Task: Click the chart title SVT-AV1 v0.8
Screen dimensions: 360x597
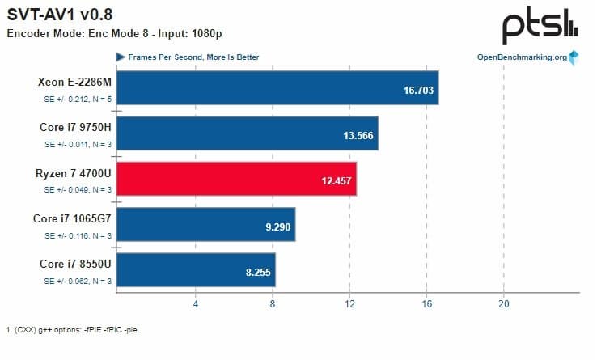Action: click(60, 14)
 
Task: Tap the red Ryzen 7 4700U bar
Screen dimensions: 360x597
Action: click(237, 179)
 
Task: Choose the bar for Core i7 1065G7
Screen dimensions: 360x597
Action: click(206, 224)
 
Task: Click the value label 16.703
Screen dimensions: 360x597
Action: click(417, 88)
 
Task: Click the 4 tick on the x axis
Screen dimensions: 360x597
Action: click(196, 304)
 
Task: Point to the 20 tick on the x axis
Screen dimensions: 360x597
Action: click(503, 304)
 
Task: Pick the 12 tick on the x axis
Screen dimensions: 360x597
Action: click(349, 304)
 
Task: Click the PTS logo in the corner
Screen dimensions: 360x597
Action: click(540, 28)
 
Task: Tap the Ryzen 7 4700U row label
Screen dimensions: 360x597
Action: click(73, 172)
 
